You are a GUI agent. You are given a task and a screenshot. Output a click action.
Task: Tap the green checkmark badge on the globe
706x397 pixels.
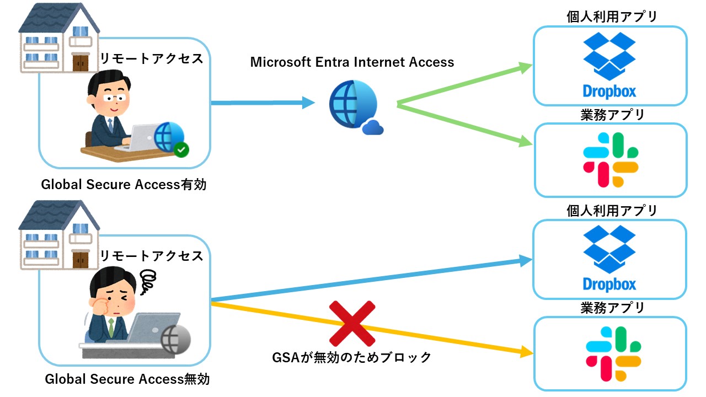pyautogui.click(x=180, y=149)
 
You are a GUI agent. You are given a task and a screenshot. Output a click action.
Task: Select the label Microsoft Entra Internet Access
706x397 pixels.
pyautogui.click(x=352, y=62)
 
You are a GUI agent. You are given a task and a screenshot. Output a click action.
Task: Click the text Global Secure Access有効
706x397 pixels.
pyautogui.click(x=124, y=185)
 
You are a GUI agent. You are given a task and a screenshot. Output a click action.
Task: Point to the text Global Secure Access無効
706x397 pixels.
pyautogui.click(x=127, y=379)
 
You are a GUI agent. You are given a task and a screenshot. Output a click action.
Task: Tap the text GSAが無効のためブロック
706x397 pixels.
pyautogui.click(x=352, y=357)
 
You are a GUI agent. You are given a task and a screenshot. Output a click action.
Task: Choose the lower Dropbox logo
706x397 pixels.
pyautogui.click(x=609, y=258)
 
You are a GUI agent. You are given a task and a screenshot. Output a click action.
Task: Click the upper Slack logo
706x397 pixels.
pyautogui.click(x=609, y=160)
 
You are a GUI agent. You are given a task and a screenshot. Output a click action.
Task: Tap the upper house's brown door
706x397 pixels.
pyautogui.click(x=81, y=62)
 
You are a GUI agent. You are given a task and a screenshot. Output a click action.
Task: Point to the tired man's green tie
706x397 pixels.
pyautogui.click(x=111, y=328)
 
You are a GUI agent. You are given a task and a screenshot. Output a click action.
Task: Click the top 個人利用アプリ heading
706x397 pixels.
pyautogui.click(x=612, y=17)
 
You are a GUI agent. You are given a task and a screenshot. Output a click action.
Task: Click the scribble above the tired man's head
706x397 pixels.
pyautogui.click(x=148, y=281)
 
